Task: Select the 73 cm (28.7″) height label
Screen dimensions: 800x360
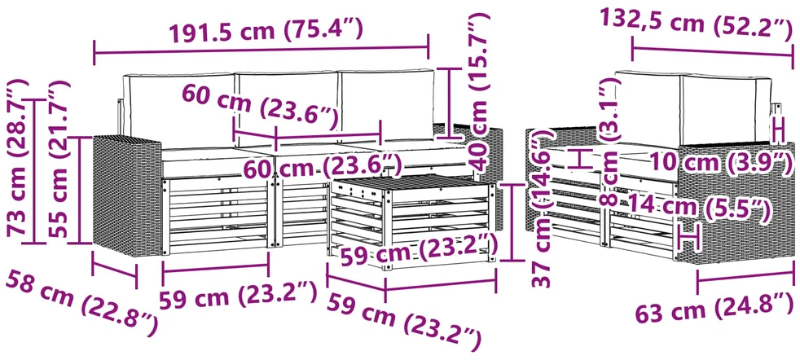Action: click(x=20, y=157)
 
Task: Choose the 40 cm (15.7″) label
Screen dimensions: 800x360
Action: click(x=479, y=91)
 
